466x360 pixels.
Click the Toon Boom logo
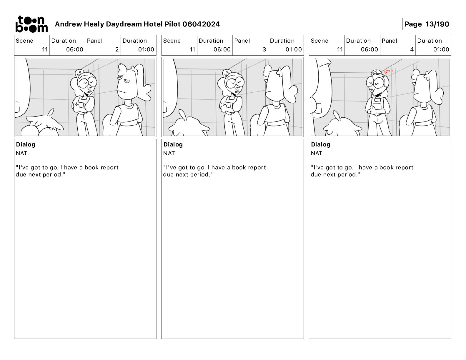pyautogui.click(x=32, y=24)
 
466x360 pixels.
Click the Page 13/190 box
pyautogui.click(x=427, y=24)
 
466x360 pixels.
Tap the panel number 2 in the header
pyautogui.click(x=117, y=49)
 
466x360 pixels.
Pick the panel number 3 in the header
pyautogui.click(x=264, y=49)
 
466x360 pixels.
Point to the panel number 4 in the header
pyautogui.click(x=412, y=49)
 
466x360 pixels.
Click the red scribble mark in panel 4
pyautogui.click(x=388, y=71)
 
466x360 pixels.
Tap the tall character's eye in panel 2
pyautogui.click(x=127, y=81)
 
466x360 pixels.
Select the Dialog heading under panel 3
pyautogui.click(x=173, y=144)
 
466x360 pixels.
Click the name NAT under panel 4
pyautogui.click(x=316, y=153)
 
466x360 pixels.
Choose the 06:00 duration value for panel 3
pyautogui.click(x=222, y=49)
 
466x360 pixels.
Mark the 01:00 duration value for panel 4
pyautogui.click(x=441, y=49)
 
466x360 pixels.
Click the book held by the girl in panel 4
pyautogui.click(x=377, y=108)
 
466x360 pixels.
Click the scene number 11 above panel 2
pyautogui.click(x=45, y=49)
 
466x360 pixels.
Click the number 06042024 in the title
pyautogui.click(x=201, y=24)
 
